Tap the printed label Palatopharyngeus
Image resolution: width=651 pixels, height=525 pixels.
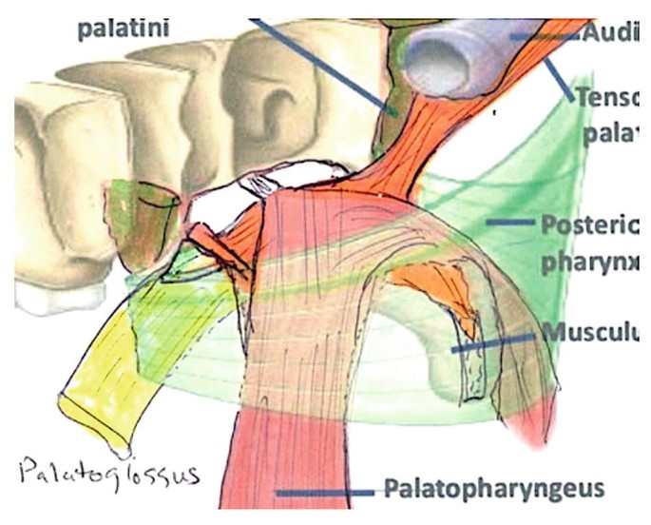[493, 490]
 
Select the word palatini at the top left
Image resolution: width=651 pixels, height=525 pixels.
[124, 29]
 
